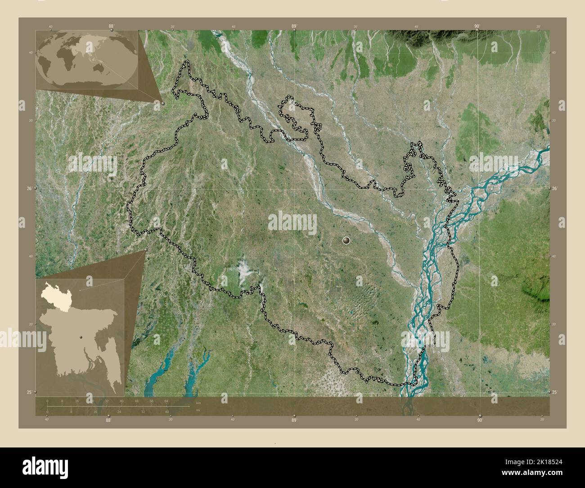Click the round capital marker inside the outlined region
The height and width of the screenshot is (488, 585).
(x=346, y=241)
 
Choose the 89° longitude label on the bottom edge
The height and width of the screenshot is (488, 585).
(x=294, y=420)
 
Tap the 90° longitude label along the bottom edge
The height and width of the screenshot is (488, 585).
(x=480, y=420)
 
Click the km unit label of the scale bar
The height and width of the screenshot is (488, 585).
(x=198, y=402)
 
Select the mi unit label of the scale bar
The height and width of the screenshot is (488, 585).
(x=198, y=410)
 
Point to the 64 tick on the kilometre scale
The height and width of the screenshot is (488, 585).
(x=166, y=401)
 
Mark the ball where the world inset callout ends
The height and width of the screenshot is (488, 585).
(x=162, y=103)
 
